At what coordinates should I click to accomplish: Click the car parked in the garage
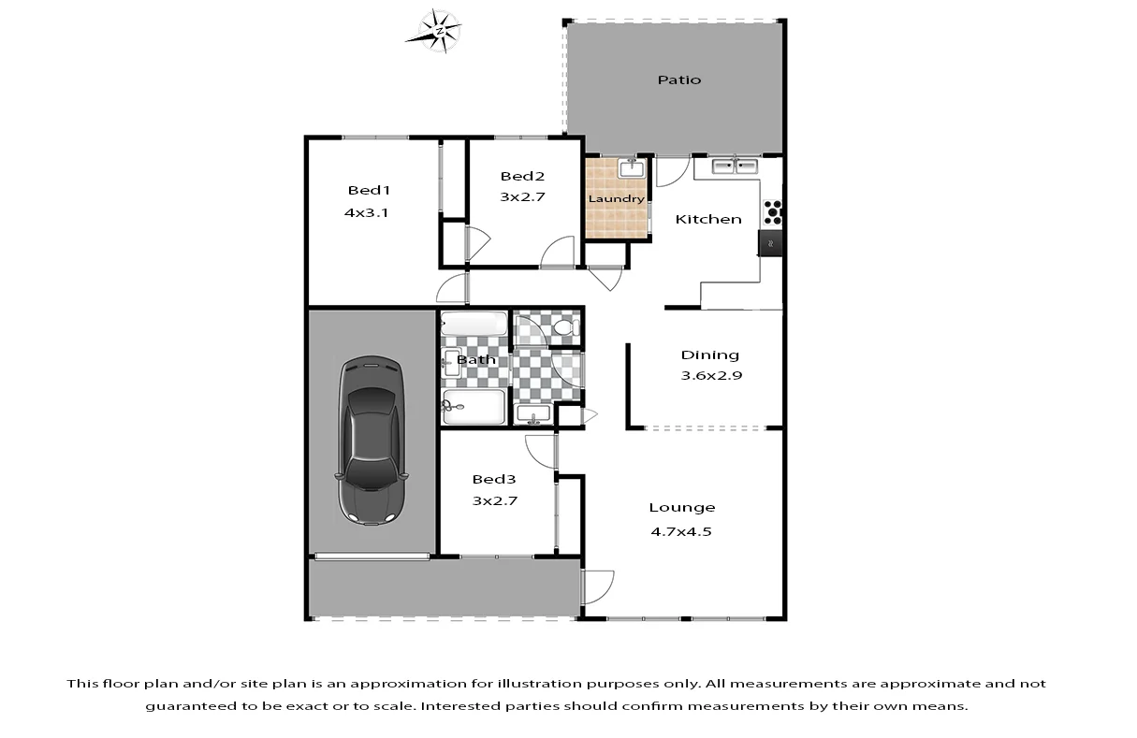point(372,440)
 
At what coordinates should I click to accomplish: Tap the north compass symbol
point(435,30)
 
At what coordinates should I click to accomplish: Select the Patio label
point(678,80)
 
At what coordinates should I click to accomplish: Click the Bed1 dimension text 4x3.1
point(366,212)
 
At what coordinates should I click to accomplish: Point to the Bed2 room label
point(522,176)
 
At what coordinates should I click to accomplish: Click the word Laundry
point(616,199)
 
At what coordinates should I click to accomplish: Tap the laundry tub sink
point(631,169)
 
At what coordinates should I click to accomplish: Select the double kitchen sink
point(735,166)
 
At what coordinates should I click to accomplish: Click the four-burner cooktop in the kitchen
point(773,212)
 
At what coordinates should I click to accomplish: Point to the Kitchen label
point(708,219)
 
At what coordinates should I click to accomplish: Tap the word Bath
point(476,359)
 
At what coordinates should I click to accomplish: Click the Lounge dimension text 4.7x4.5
point(682,531)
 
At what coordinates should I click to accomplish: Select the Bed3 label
point(494,479)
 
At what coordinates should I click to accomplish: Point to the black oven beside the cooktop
point(771,242)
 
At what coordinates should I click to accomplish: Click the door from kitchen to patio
point(669,171)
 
